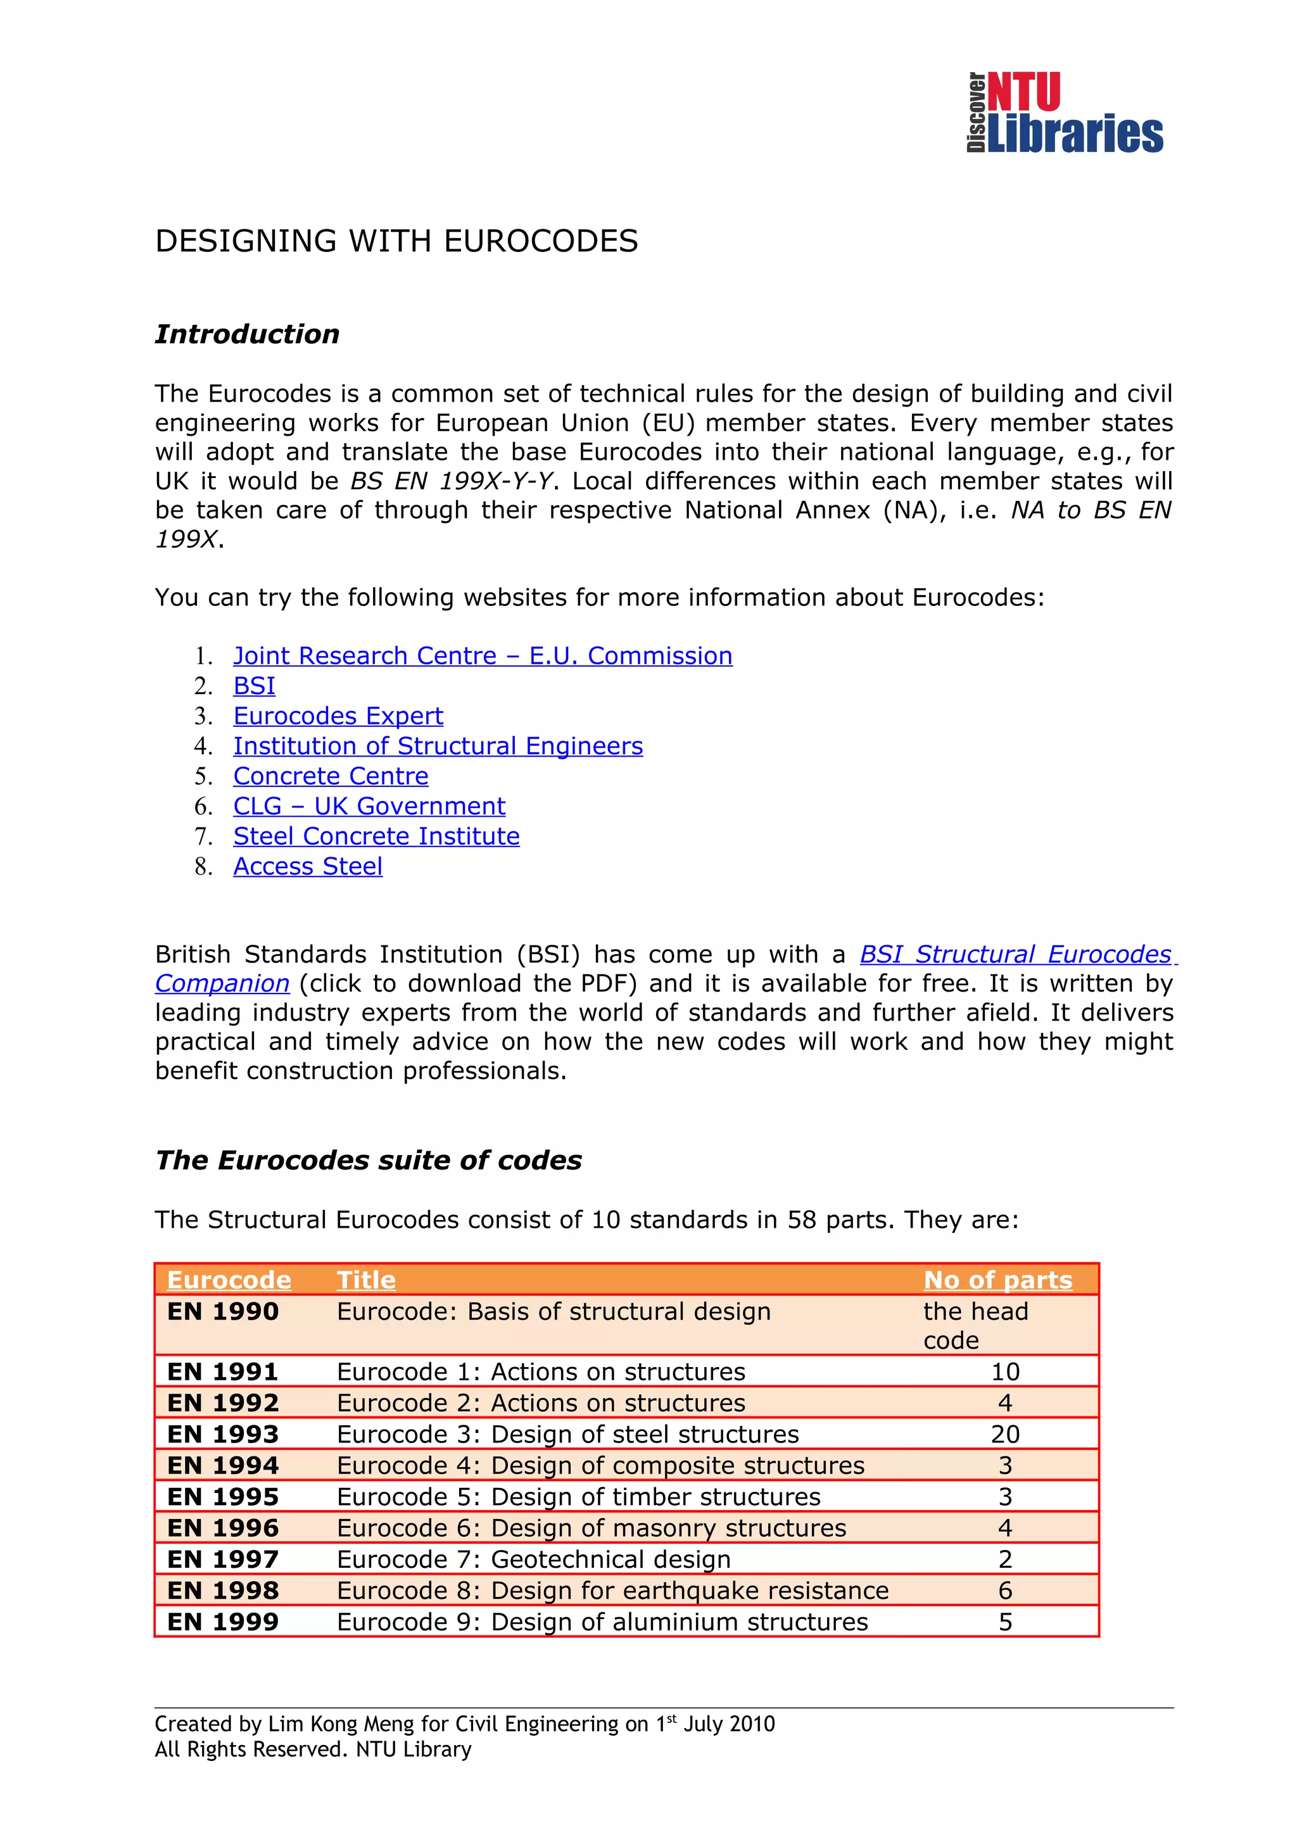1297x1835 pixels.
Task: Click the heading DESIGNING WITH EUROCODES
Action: point(396,241)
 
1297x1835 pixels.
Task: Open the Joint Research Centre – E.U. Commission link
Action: point(482,656)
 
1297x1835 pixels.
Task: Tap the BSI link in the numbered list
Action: point(254,686)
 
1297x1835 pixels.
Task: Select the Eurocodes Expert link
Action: point(338,716)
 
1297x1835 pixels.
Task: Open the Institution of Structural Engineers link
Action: point(437,746)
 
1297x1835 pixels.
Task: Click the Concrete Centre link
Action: point(330,776)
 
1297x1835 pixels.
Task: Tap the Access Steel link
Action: point(307,866)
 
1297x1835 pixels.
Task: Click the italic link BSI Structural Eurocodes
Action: point(1015,954)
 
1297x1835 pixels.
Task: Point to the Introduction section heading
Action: point(247,334)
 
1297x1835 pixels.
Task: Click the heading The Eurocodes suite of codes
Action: point(369,1161)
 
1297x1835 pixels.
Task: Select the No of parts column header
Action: point(997,1280)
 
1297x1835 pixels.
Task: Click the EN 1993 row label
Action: point(223,1435)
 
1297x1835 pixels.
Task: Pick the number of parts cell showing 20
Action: point(1004,1435)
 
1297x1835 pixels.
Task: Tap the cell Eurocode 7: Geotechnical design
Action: point(533,1560)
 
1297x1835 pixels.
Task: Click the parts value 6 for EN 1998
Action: point(1004,1591)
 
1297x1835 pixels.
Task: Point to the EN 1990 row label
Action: point(223,1311)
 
